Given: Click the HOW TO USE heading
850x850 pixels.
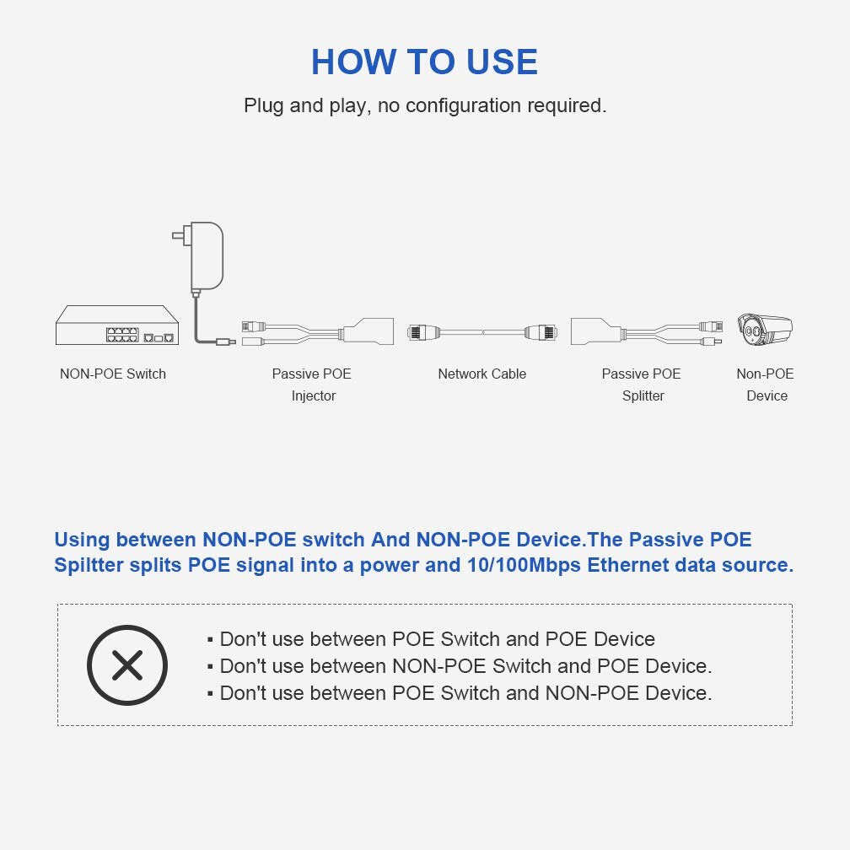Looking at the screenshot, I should (x=424, y=62).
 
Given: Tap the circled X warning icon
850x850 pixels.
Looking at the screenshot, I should (x=127, y=665).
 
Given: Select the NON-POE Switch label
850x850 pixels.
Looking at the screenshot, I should (x=113, y=374).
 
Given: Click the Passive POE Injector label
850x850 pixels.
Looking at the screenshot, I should (x=312, y=385).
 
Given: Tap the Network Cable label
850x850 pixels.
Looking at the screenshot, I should (x=481, y=374).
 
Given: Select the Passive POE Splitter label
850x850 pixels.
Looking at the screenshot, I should (x=642, y=385).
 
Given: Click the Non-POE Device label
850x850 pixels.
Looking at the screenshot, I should (x=766, y=385).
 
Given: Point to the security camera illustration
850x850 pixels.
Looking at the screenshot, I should (x=764, y=329).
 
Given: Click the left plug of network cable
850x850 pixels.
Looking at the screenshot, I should (x=421, y=331).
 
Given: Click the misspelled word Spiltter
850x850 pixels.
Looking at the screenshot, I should (x=89, y=565).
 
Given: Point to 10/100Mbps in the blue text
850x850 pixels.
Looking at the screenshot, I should (x=524, y=565).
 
